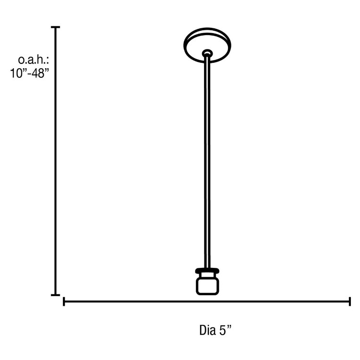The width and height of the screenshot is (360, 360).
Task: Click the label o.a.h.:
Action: [x=33, y=60]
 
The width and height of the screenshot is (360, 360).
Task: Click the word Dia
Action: [x=207, y=330]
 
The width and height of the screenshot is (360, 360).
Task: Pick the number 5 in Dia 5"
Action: [x=223, y=330]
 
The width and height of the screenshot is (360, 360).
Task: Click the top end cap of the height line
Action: [x=56, y=27]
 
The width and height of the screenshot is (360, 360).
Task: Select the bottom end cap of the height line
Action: [x=56, y=295]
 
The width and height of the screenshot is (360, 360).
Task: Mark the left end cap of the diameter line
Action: [x=64, y=301]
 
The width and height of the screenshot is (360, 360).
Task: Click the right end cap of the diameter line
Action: [x=349, y=301]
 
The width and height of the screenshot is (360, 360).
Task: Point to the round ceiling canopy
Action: [x=208, y=42]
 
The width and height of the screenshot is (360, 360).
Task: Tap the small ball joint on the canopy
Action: [x=207, y=53]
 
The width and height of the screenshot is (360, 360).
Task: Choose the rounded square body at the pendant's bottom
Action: [x=207, y=286]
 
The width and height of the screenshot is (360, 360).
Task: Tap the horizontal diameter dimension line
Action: [x=206, y=301]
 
